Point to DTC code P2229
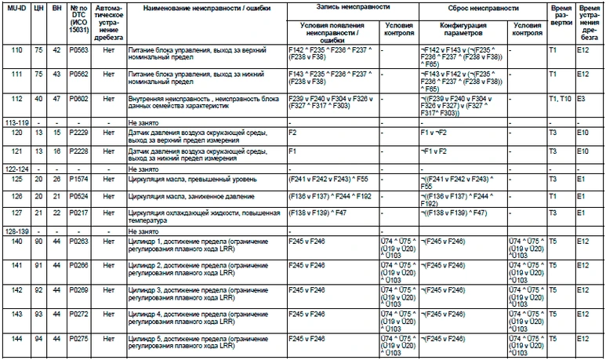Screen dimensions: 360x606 coord(78,133)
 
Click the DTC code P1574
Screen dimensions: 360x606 coord(78,179)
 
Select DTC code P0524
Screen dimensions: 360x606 coord(78,195)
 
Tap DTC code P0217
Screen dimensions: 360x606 coord(78,212)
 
